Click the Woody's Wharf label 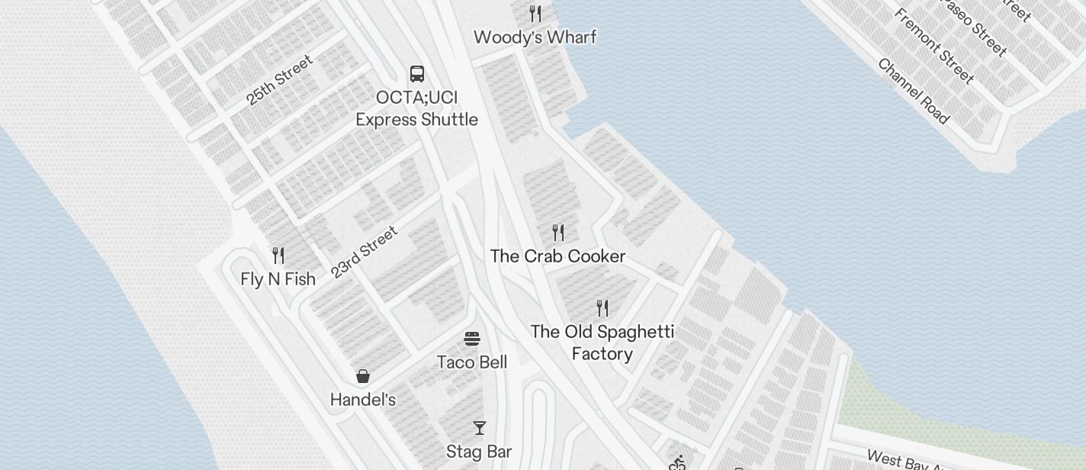tap(535, 37)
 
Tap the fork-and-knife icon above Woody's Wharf tap(535, 14)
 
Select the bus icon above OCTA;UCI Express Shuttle tap(417, 74)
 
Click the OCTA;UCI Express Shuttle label tap(417, 109)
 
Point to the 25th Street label tap(279, 80)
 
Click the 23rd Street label tap(365, 253)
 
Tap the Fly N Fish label tap(278, 279)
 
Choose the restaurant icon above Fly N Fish tap(278, 256)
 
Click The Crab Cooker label tap(557, 256)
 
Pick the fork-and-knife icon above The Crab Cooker tap(558, 232)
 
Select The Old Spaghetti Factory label tap(602, 343)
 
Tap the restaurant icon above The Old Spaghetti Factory tap(602, 308)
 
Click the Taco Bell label tap(472, 362)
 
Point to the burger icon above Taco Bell tap(472, 339)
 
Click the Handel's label tap(362, 400)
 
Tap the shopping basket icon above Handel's tap(363, 376)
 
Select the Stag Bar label tap(479, 452)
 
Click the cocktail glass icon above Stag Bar tap(479, 428)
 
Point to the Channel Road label tap(913, 91)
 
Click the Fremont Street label tap(933, 46)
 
